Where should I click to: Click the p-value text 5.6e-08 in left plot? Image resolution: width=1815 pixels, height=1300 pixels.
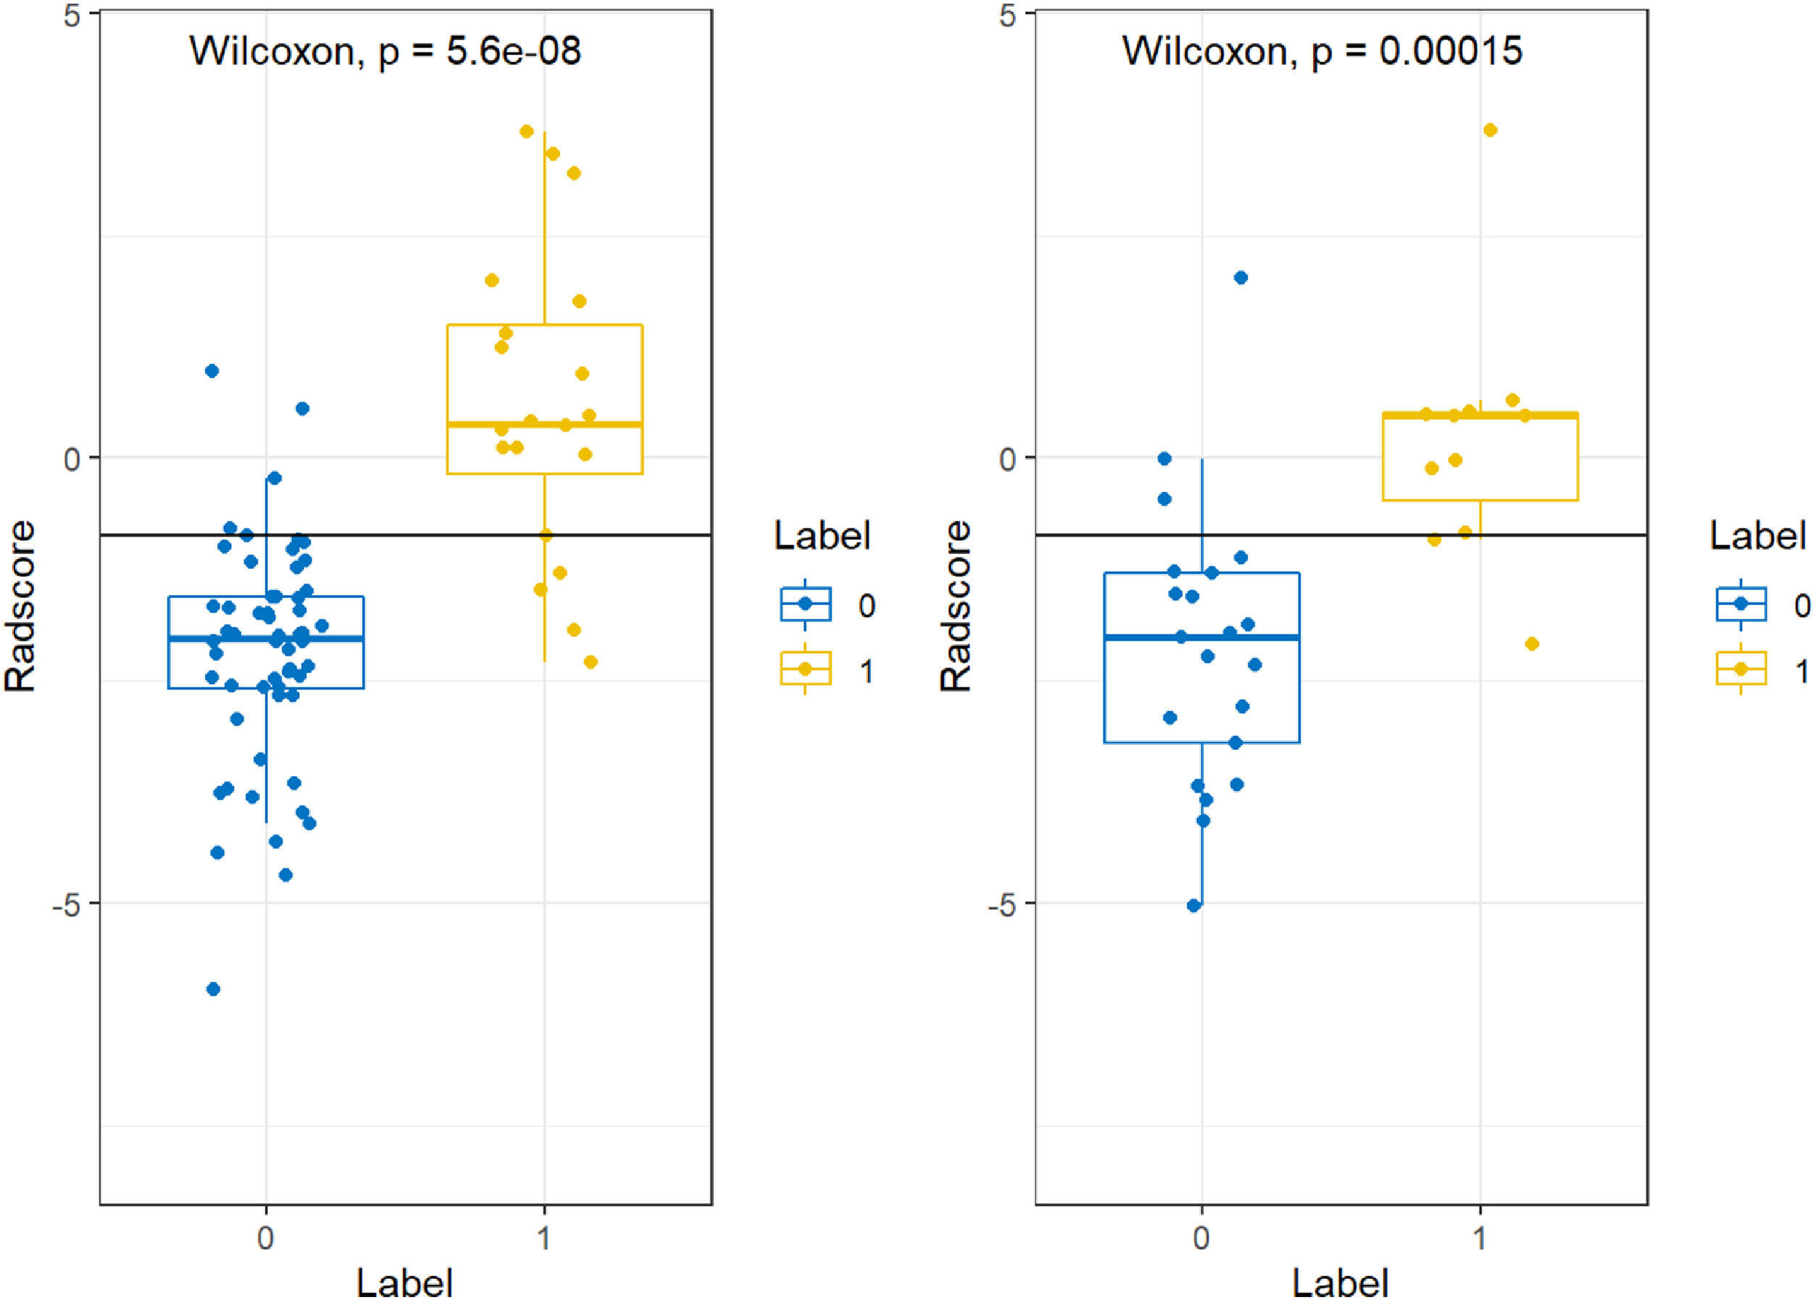513,52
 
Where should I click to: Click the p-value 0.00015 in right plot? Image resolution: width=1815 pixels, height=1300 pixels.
1450,51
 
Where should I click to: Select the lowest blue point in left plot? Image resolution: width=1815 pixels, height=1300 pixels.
213,989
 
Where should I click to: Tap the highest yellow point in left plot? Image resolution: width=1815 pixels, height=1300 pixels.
526,131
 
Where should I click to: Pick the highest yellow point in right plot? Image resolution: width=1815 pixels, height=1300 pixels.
1490,130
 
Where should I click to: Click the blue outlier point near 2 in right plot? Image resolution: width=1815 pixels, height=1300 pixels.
1240,278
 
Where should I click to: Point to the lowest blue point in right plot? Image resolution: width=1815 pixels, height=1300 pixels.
1194,906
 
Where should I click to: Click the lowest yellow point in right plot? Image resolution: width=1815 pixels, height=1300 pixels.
1532,643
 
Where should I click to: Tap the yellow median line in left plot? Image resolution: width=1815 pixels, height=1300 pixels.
544,424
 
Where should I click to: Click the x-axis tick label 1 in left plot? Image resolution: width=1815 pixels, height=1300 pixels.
544,1238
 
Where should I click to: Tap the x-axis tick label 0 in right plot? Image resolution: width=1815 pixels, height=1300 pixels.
1200,1238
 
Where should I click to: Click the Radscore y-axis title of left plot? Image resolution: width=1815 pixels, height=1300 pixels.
21,606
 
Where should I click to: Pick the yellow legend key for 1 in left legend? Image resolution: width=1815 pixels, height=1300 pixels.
805,669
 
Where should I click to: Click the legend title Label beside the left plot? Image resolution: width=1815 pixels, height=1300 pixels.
822,535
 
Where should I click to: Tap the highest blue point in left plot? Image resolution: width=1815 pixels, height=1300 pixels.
212,371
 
